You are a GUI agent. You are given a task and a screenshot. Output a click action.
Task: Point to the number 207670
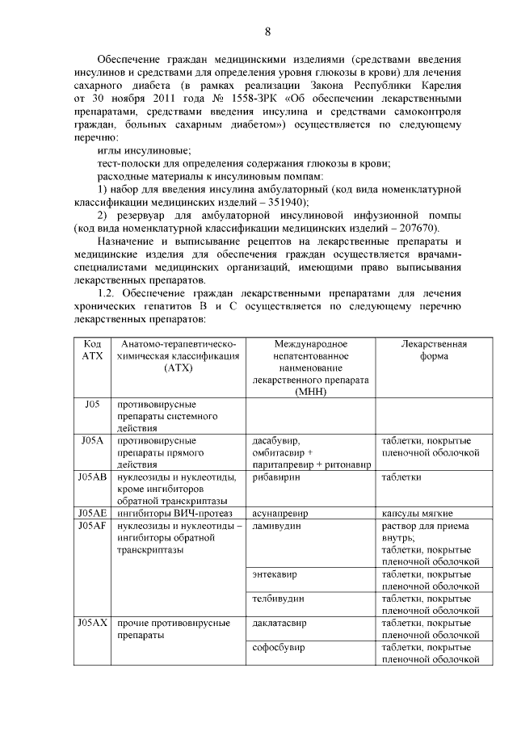coord(413,229)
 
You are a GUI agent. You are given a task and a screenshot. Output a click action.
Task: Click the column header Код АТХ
coord(93,350)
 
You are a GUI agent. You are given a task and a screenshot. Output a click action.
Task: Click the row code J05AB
coord(93,477)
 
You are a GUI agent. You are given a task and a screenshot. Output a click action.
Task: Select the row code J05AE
coord(93,513)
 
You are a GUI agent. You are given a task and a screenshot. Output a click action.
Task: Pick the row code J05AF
coord(93,526)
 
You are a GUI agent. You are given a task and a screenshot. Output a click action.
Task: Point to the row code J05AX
coord(93,623)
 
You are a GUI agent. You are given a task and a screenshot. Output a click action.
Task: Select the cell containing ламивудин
coord(276,526)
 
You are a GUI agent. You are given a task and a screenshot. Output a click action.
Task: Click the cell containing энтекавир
coord(275,574)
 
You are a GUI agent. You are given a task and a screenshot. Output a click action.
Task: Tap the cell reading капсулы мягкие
coord(417,513)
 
